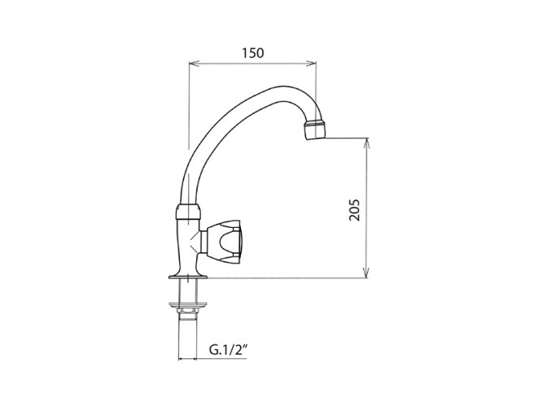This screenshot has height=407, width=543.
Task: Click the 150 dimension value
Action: pos(253,53)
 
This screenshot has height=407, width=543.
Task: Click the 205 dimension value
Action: pos(355,210)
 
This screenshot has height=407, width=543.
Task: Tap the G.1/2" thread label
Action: pos(229,350)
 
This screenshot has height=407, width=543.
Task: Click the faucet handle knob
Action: pos(224,241)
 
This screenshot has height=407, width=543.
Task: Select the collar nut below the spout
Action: pos(188,212)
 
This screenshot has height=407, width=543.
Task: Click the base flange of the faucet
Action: pos(188,276)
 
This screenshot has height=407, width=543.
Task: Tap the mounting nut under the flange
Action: pos(188,305)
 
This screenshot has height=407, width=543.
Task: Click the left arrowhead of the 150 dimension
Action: pos(193,63)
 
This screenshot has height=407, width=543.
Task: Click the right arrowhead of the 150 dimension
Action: pos(311,63)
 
